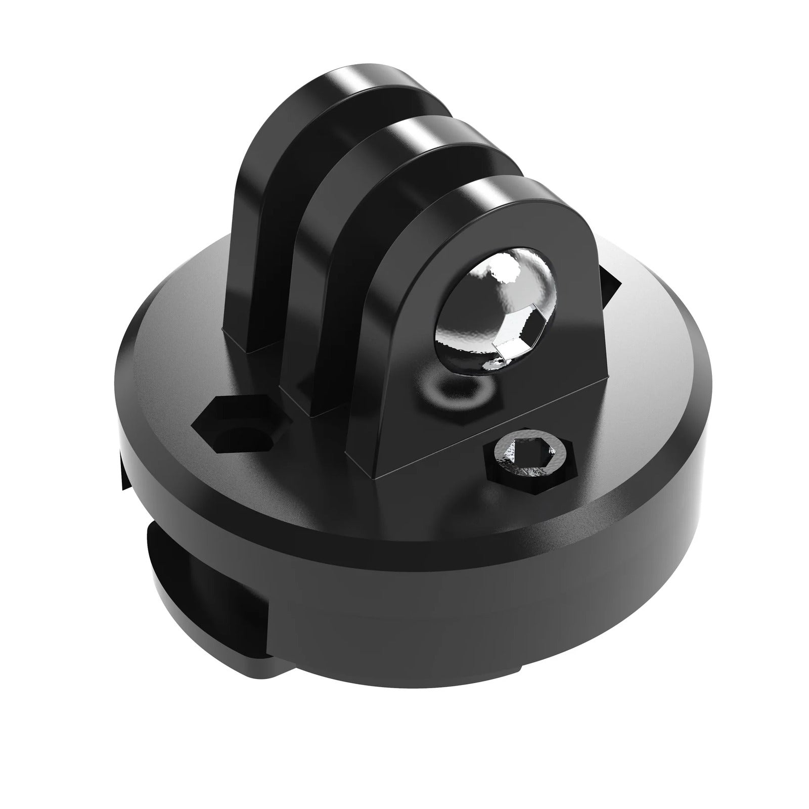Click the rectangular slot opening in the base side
tap(202, 581)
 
